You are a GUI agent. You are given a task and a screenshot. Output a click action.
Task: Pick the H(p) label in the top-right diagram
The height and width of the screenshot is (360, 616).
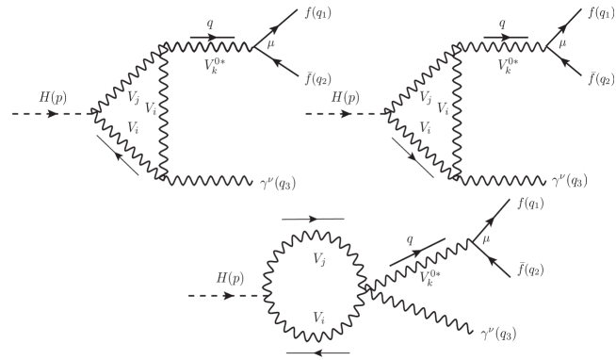(349, 97)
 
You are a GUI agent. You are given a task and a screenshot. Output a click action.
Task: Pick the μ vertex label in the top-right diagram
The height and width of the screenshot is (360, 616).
(563, 43)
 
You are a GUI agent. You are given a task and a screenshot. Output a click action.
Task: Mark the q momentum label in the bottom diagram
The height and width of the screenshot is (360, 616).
(411, 239)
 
